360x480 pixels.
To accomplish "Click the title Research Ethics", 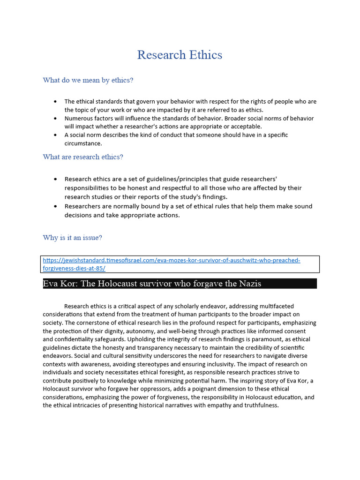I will (180, 55).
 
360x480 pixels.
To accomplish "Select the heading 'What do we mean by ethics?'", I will (88, 80).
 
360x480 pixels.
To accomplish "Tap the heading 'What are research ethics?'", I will (83, 157).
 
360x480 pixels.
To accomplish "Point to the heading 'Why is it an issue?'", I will (72, 238).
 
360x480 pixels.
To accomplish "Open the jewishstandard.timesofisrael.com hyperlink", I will (172, 260).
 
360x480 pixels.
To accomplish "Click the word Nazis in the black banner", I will (249, 284).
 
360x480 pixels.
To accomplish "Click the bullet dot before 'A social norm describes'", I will (55, 135).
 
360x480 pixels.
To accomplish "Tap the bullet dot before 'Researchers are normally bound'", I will (55, 206).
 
